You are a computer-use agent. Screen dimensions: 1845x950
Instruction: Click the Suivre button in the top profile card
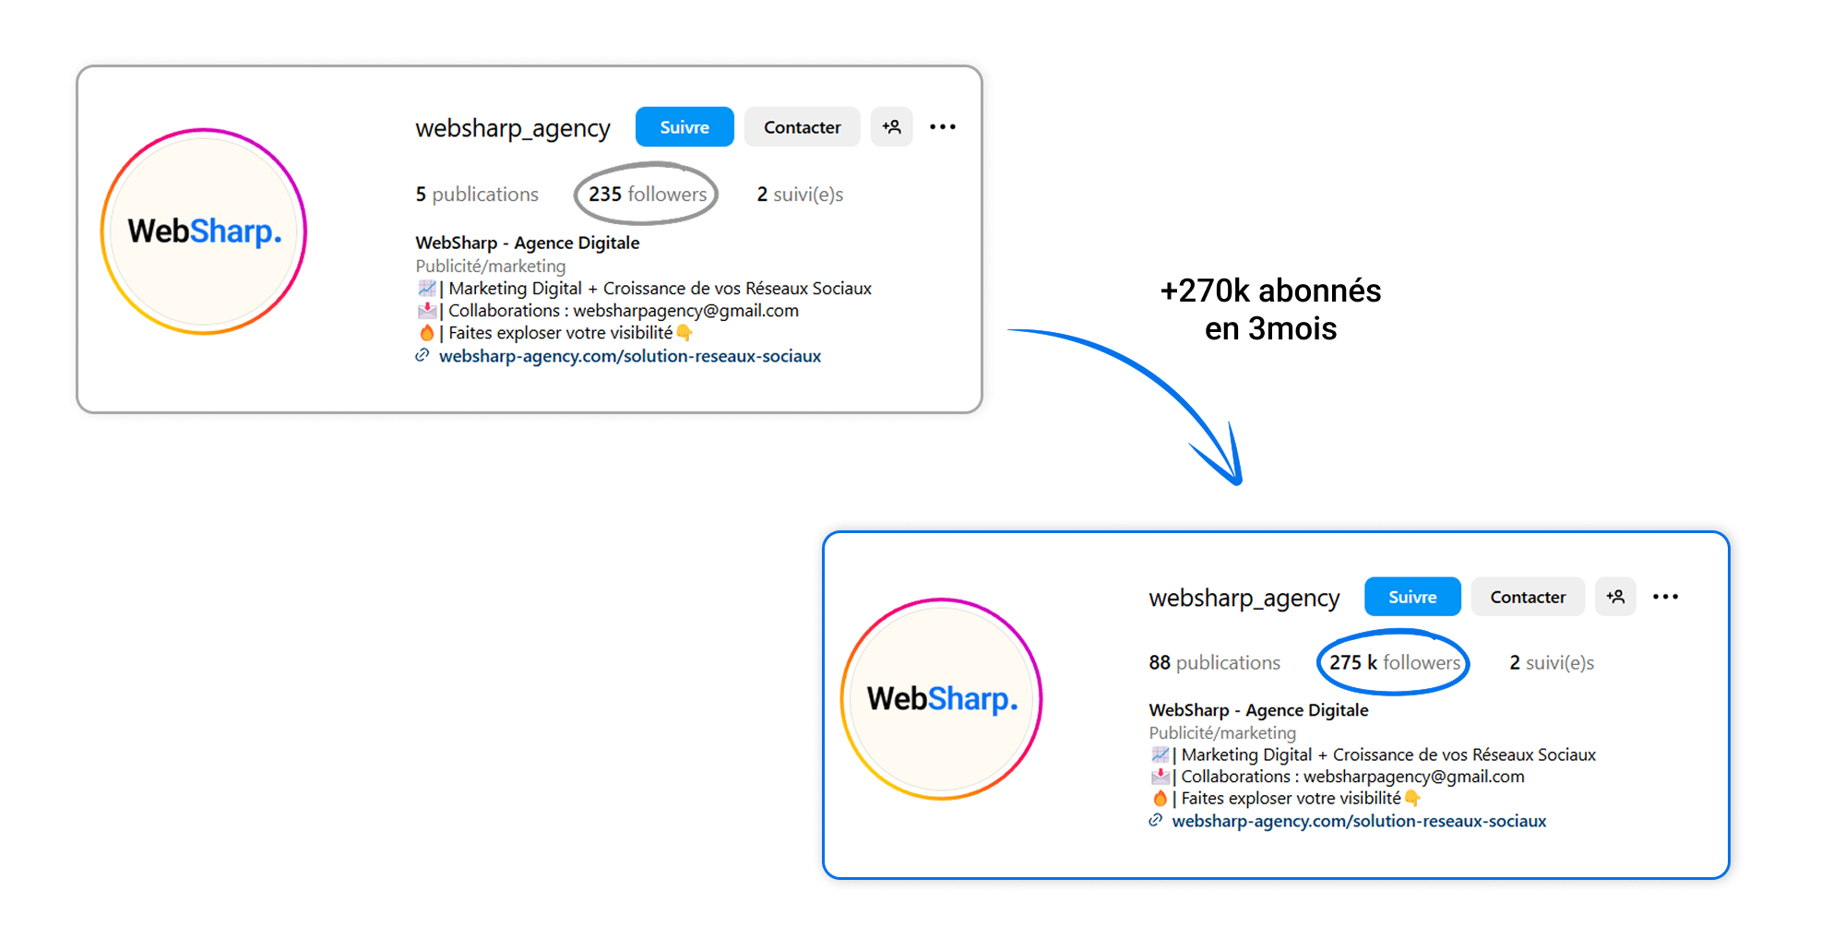point(684,127)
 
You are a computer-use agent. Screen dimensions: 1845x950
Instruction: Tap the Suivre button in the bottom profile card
point(1412,597)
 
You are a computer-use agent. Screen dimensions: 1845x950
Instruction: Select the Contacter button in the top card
point(802,127)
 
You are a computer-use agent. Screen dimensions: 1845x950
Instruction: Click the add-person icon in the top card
point(892,127)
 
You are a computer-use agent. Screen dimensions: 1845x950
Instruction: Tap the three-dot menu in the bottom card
point(1665,597)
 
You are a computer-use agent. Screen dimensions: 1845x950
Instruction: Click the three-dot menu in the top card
point(942,127)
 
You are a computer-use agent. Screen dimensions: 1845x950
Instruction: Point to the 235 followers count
point(648,195)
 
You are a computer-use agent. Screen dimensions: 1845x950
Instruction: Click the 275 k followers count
point(1395,662)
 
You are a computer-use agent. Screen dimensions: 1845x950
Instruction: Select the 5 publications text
point(477,195)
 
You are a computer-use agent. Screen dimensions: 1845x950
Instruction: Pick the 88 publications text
point(1214,662)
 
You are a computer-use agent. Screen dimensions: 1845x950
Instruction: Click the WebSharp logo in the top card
point(204,232)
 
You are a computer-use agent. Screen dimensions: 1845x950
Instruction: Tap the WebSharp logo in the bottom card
point(942,699)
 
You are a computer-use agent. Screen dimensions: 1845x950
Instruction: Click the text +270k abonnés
point(1270,291)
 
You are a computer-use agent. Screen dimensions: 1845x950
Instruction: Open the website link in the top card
point(629,356)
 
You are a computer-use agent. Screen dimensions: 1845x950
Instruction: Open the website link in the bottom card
point(1359,821)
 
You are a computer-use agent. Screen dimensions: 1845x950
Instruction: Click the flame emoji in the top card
point(426,333)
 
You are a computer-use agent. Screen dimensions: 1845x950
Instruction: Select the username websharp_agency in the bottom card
point(1244,599)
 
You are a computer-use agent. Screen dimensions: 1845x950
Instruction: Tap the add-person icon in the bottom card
point(1615,597)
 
